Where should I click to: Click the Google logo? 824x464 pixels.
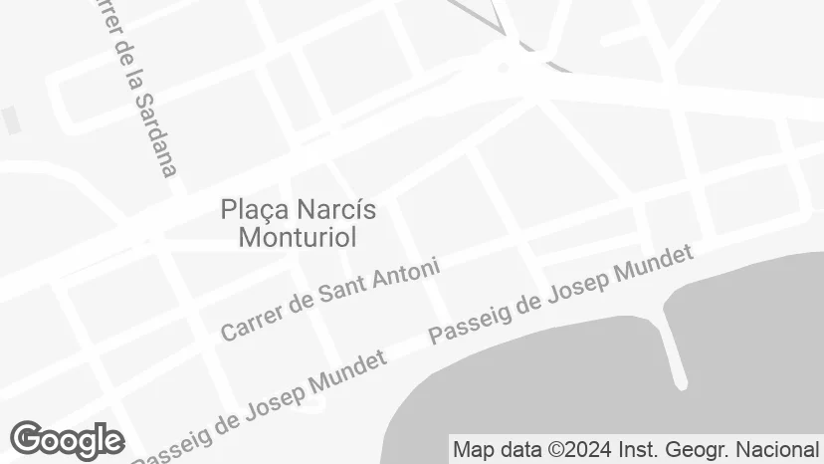click(x=67, y=440)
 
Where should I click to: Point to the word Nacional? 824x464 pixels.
click(x=778, y=449)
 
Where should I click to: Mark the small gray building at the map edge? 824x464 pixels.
click(x=11, y=120)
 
